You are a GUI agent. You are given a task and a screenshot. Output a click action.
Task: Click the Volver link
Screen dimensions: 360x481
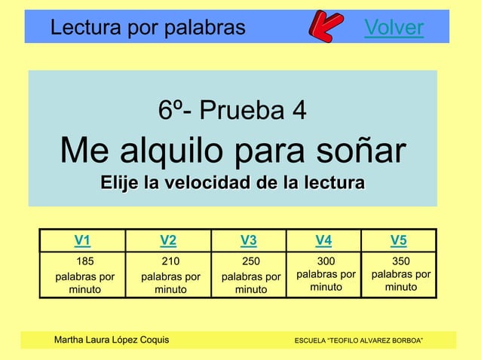coord(394,28)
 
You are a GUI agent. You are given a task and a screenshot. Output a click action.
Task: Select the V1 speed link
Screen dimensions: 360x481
coord(83,240)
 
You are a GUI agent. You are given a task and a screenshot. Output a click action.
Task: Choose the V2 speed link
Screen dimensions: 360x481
coord(169,240)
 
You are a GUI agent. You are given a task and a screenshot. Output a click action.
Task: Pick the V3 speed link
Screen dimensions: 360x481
coord(248,240)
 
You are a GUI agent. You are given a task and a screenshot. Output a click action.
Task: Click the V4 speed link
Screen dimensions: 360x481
coord(323,240)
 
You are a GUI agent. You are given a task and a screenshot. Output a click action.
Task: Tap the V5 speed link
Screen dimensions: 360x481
coord(399,240)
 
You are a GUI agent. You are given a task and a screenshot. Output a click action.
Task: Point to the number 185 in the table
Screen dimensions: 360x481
coord(84,262)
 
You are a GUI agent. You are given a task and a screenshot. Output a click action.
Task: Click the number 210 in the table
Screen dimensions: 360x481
coord(170,262)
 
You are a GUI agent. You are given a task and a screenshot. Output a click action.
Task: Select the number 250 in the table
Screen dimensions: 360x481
coord(250,262)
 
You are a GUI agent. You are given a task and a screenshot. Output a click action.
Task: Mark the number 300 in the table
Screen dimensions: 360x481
coord(326,261)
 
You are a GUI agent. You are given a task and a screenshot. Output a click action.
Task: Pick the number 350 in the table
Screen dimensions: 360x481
coord(401,261)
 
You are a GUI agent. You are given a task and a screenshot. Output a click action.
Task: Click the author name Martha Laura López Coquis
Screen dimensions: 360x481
coord(112,340)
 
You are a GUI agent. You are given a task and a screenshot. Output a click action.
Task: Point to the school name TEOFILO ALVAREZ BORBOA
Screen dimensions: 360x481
coord(360,341)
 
